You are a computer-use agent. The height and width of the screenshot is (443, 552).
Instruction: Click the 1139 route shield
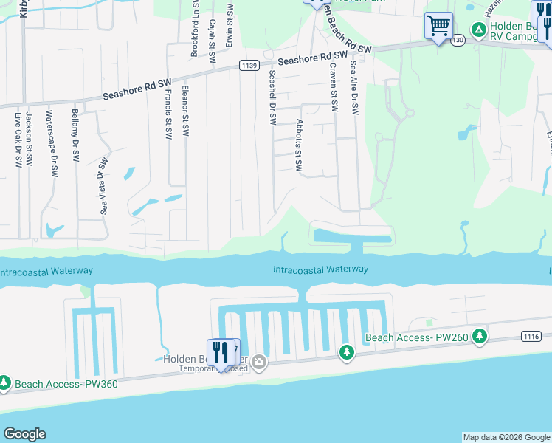(249, 66)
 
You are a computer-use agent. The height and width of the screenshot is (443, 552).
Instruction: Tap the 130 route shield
(458, 41)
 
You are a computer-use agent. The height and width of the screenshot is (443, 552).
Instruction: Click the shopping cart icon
(438, 27)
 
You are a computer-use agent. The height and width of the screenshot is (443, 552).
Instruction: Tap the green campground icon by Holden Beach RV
(478, 30)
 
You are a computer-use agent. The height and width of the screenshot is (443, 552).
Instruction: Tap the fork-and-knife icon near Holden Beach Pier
(221, 352)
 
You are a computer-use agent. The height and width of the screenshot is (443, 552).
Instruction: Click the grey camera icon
(259, 362)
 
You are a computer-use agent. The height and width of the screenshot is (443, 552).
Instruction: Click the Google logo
(24, 434)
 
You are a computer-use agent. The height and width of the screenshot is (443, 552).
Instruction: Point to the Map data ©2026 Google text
(506, 437)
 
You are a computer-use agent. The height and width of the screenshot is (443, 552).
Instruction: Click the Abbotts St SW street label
(299, 145)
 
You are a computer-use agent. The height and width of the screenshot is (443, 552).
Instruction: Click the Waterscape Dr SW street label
(52, 143)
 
